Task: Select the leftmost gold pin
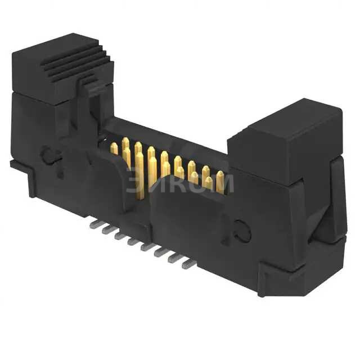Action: click(x=114, y=148)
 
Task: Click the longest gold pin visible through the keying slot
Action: click(x=139, y=174)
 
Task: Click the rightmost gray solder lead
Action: click(x=189, y=264)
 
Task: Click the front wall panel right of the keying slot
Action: click(x=191, y=225)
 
